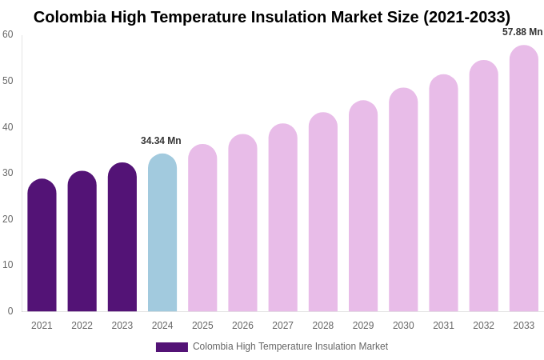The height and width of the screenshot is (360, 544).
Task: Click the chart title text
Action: pyautogui.click(x=272, y=17)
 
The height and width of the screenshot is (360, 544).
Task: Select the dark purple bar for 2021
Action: pyautogui.click(x=42, y=246)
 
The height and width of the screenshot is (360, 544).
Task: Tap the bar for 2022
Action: pyautogui.click(x=82, y=242)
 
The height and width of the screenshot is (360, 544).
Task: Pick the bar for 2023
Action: pyautogui.click(x=122, y=238)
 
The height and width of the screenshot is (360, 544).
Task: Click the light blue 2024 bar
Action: pyautogui.click(x=162, y=233)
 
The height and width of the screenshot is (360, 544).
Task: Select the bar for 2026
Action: pyautogui.click(x=242, y=223)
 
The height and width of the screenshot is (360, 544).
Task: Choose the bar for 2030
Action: pyautogui.click(x=403, y=200)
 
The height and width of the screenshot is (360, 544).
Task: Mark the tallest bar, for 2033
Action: pyautogui.click(x=524, y=178)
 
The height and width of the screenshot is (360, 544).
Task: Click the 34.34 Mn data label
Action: pyautogui.click(x=161, y=141)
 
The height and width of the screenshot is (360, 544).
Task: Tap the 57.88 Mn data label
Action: pyautogui.click(x=522, y=32)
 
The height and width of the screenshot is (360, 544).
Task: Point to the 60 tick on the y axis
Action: pyautogui.click(x=8, y=34)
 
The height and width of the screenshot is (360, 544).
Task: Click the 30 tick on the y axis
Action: pyautogui.click(x=8, y=173)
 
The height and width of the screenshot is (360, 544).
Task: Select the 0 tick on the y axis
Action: pyautogui.click(x=10, y=311)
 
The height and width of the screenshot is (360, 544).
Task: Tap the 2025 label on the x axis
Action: pyautogui.click(x=202, y=326)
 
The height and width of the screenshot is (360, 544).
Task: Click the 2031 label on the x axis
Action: pyautogui.click(x=443, y=326)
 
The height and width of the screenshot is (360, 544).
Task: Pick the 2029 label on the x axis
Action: pyautogui.click(x=363, y=326)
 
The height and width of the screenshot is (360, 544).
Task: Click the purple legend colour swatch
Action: pyautogui.click(x=172, y=347)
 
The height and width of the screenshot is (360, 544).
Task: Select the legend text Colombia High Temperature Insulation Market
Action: pyautogui.click(x=290, y=346)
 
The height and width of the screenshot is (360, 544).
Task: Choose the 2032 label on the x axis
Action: pyautogui.click(x=483, y=326)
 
